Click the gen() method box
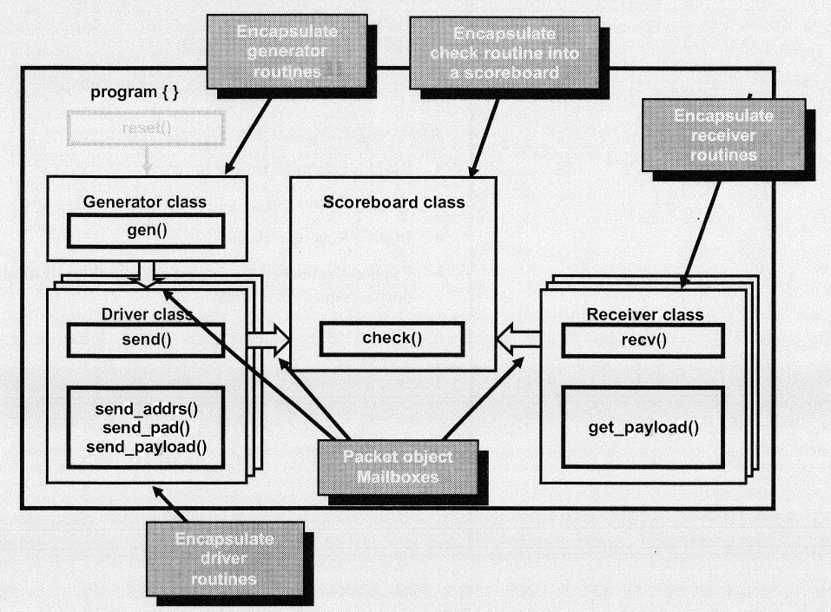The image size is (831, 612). (146, 230)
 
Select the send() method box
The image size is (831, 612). (145, 339)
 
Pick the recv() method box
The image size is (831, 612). (643, 339)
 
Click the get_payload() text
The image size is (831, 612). (643, 427)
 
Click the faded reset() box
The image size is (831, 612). (146, 130)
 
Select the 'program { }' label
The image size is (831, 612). (135, 93)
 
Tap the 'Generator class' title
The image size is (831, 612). (145, 202)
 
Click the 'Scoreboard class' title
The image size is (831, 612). (394, 202)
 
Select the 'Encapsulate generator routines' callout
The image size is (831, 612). (290, 51)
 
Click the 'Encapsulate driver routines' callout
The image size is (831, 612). (225, 558)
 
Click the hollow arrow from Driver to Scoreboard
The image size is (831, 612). (268, 339)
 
